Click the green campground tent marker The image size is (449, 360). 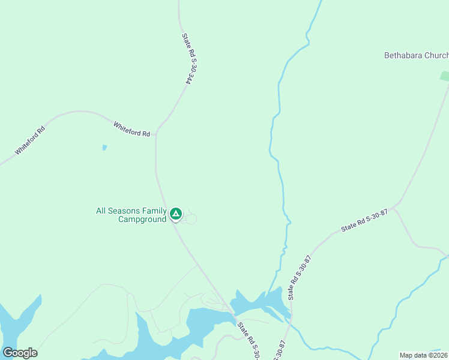[x=175, y=214]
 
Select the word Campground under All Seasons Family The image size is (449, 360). [x=142, y=220]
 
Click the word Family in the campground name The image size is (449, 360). [x=155, y=211]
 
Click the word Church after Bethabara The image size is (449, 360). [x=436, y=55]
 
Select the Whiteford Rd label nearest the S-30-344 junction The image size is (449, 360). [x=131, y=129]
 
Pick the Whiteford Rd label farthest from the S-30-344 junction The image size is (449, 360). [x=30, y=140]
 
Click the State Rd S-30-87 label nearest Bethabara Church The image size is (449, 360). [x=364, y=221]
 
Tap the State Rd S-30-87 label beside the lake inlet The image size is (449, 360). [x=300, y=277]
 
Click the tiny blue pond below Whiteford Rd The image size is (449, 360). [x=104, y=147]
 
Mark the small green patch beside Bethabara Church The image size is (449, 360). [x=444, y=76]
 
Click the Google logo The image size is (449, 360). [x=20, y=353]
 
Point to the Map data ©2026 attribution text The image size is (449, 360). [x=424, y=355]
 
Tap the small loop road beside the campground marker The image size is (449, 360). [x=191, y=219]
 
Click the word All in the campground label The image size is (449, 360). [x=102, y=211]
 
